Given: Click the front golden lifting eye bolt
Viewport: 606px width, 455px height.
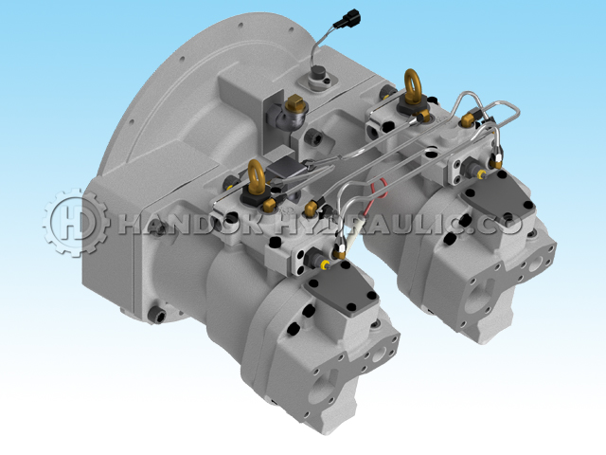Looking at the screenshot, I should coord(257,177).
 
